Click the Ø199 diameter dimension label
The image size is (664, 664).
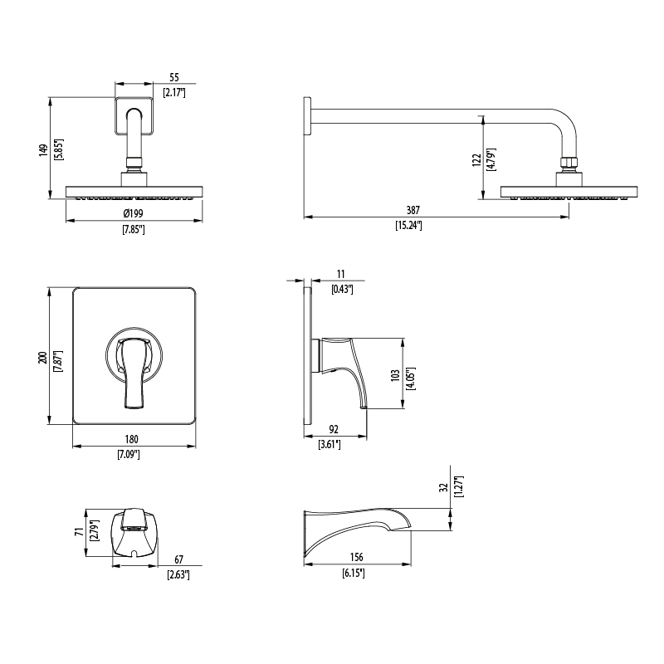pyautogui.click(x=134, y=213)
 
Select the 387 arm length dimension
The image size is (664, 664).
pyautogui.click(x=413, y=210)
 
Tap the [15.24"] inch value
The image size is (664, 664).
pyautogui.click(x=409, y=225)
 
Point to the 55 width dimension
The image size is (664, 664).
pyautogui.click(x=174, y=77)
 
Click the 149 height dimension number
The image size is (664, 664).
pyautogui.click(x=43, y=150)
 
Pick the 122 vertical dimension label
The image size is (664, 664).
pyautogui.click(x=476, y=160)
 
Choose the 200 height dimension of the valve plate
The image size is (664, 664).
pyautogui.click(x=42, y=358)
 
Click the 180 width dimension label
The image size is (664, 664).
pyautogui.click(x=132, y=439)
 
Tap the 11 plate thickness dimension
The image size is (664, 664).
pyautogui.click(x=341, y=275)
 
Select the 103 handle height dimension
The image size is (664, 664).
pyautogui.click(x=395, y=375)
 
